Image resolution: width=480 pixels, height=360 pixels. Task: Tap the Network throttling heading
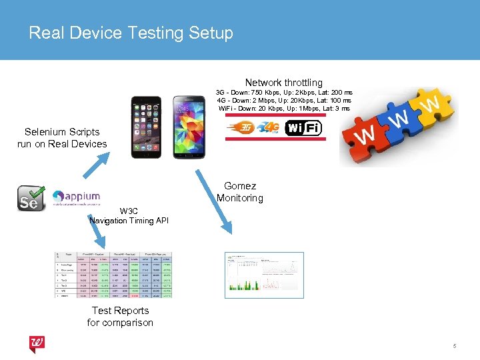click(x=283, y=83)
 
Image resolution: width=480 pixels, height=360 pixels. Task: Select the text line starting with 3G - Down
click(x=284, y=92)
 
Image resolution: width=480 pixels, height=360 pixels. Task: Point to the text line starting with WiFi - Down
click(x=284, y=108)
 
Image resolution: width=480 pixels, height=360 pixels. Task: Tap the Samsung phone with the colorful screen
click(x=189, y=127)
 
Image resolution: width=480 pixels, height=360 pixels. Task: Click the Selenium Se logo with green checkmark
click(x=30, y=198)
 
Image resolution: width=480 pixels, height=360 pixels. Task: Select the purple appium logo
click(x=77, y=197)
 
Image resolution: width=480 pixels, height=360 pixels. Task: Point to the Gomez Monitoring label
click(x=239, y=192)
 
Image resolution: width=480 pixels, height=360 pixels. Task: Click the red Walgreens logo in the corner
click(x=37, y=345)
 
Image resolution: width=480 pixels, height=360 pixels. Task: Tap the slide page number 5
click(x=454, y=346)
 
